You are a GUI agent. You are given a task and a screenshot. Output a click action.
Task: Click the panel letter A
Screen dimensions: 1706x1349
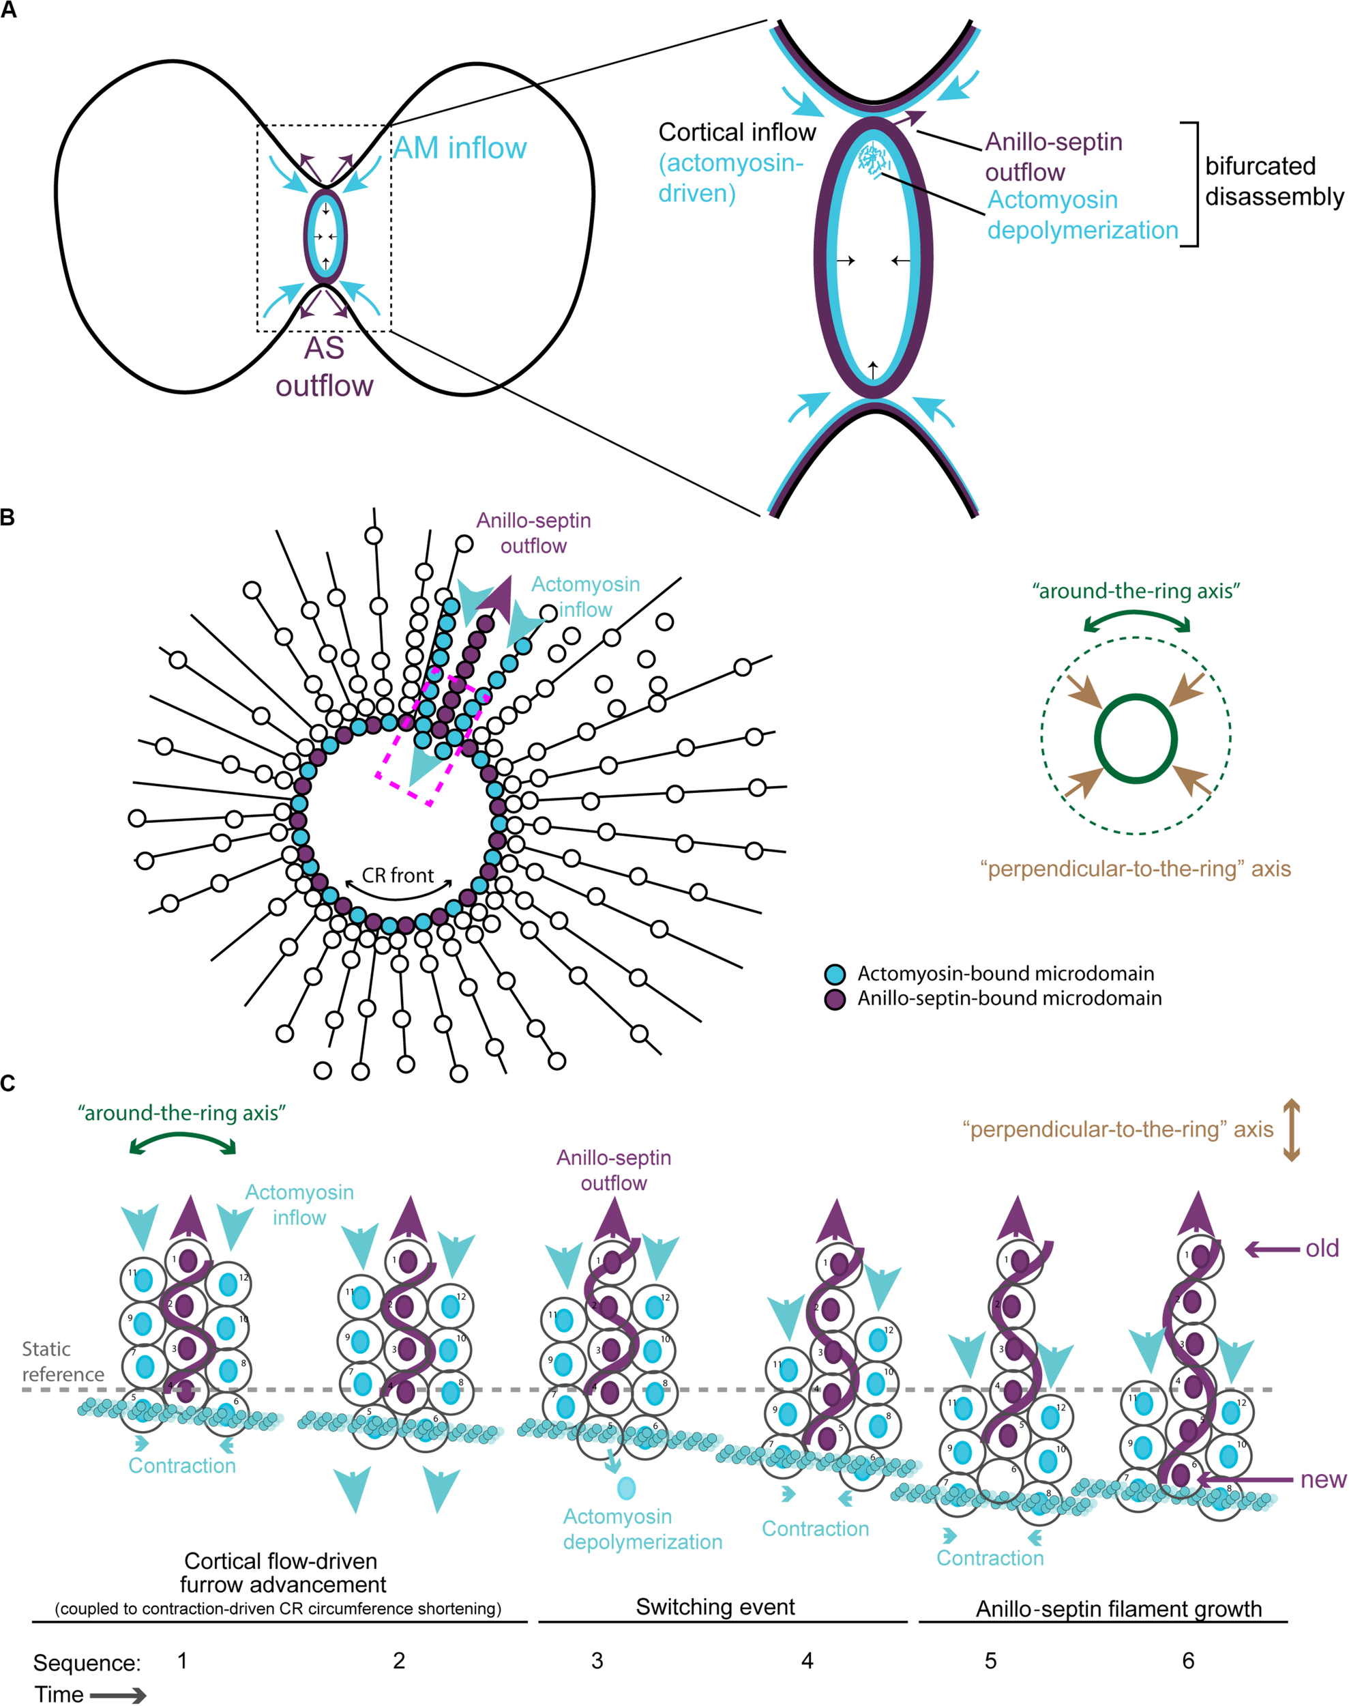tap(8, 12)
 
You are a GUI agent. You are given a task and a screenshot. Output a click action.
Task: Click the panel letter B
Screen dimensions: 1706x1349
tap(8, 517)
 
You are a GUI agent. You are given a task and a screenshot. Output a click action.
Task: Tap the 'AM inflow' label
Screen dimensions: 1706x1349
tap(460, 148)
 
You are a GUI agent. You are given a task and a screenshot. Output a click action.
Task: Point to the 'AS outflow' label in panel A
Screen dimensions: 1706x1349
tap(324, 366)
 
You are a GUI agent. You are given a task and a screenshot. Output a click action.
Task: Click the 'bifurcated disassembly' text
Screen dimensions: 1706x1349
tap(1273, 181)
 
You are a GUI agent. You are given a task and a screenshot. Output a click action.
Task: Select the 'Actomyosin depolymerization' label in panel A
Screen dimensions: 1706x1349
tap(1082, 215)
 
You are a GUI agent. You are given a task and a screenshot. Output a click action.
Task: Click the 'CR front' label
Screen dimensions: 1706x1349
tap(398, 876)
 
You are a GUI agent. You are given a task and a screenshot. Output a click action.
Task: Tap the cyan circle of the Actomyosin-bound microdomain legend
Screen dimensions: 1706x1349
tap(835, 974)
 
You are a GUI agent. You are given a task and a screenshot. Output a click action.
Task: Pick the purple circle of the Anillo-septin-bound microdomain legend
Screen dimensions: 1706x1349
tap(835, 1000)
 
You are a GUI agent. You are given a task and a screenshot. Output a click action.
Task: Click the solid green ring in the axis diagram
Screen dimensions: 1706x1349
tap(1136, 696)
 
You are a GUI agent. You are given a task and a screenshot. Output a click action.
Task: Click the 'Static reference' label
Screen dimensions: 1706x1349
tap(62, 1361)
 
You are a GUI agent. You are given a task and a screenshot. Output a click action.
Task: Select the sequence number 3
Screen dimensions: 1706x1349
tap(597, 1660)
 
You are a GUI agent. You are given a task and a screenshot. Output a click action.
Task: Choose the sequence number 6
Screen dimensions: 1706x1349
tap(1188, 1660)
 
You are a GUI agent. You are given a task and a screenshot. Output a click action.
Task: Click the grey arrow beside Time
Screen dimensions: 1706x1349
tap(118, 1694)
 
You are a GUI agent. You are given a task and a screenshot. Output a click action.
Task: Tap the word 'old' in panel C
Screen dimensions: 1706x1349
tap(1321, 1249)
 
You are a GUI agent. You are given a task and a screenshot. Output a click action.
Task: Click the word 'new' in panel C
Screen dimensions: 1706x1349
tap(1323, 1479)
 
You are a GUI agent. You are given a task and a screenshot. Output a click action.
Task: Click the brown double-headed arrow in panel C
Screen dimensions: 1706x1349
tap(1290, 1129)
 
